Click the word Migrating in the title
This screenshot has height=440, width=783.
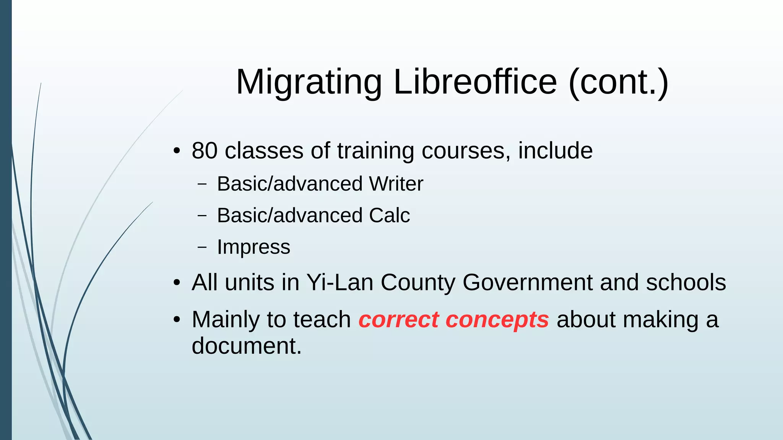tap(309, 82)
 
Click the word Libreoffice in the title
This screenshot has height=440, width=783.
tap(475, 82)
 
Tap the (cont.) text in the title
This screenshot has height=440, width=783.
tap(618, 82)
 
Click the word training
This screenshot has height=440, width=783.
tap(375, 151)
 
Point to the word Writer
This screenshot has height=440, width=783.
tap(396, 184)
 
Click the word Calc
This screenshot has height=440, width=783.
tap(389, 215)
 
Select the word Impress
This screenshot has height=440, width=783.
tap(253, 247)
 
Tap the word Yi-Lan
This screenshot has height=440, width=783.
tap(340, 283)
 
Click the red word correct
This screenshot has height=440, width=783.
tap(398, 320)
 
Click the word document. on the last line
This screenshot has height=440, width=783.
tap(247, 346)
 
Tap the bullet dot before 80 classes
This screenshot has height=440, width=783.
tap(176, 151)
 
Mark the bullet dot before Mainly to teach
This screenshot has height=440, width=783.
tap(176, 320)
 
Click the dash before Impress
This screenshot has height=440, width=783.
tap(202, 247)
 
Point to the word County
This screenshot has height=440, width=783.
tap(417, 283)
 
